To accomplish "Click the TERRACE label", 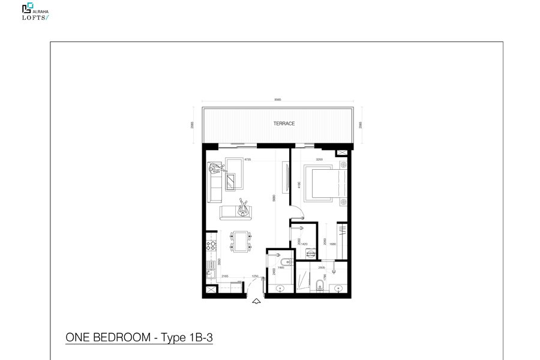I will coord(284,124).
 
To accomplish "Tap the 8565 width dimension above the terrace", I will coord(277,100).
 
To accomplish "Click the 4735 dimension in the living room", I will coord(247,160).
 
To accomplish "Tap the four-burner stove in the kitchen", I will coord(211,245).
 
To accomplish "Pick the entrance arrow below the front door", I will coord(257,301).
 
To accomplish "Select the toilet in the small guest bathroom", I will coord(286,262).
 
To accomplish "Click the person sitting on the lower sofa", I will coord(243,210).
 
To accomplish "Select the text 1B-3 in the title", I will coord(200,338).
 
